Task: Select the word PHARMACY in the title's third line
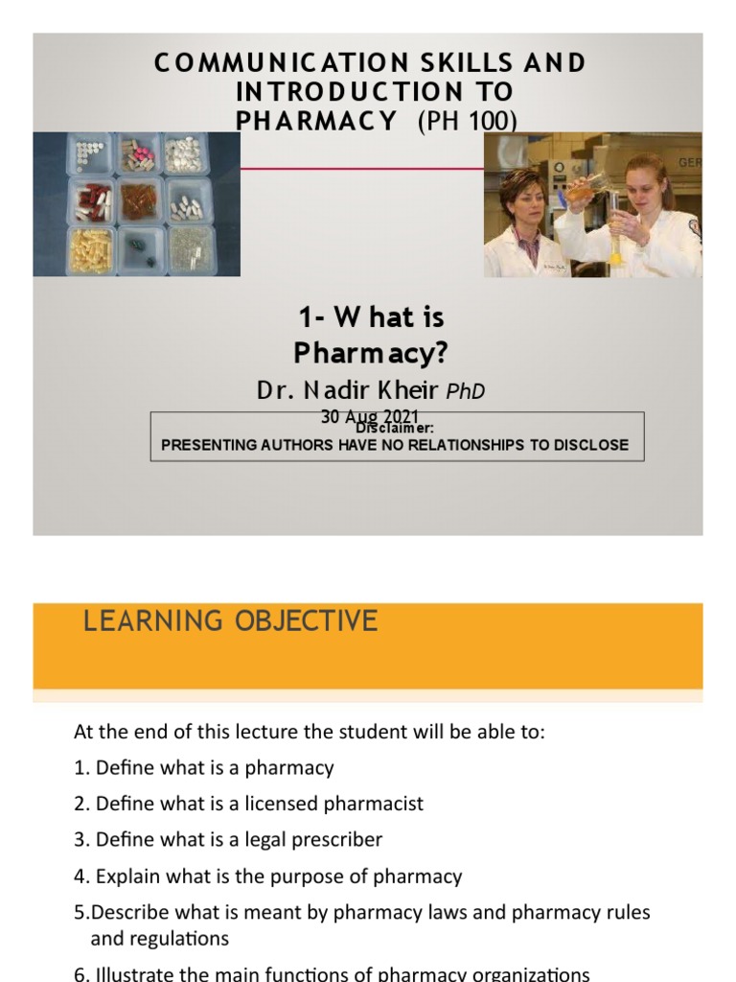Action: click(315, 121)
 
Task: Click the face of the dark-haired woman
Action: click(520, 195)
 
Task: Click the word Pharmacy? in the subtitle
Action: click(370, 353)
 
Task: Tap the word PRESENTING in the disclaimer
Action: click(209, 445)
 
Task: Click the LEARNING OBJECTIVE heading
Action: click(230, 621)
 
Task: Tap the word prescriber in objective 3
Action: click(335, 840)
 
